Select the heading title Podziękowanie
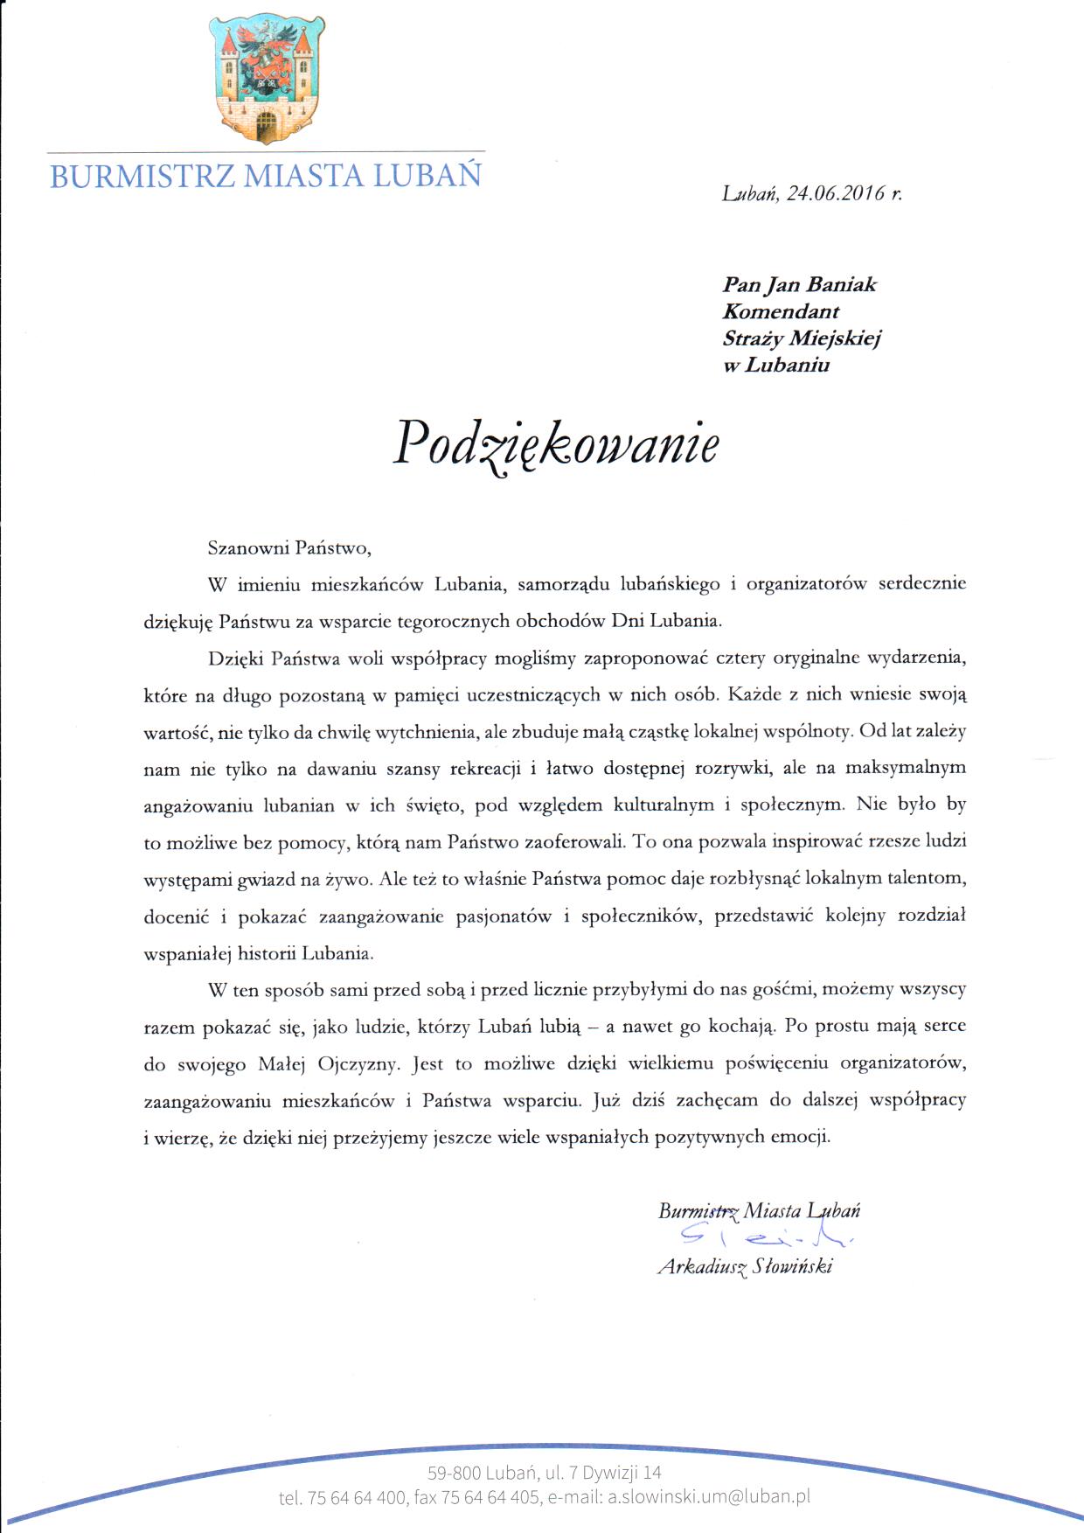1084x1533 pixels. click(x=556, y=444)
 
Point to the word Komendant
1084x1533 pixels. click(x=781, y=312)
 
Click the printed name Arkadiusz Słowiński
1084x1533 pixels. click(x=745, y=1266)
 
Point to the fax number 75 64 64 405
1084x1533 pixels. click(x=490, y=1497)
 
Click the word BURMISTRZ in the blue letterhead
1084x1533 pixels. click(x=142, y=176)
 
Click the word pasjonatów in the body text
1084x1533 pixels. click(x=504, y=916)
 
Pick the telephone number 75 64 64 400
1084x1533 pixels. click(x=357, y=1497)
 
